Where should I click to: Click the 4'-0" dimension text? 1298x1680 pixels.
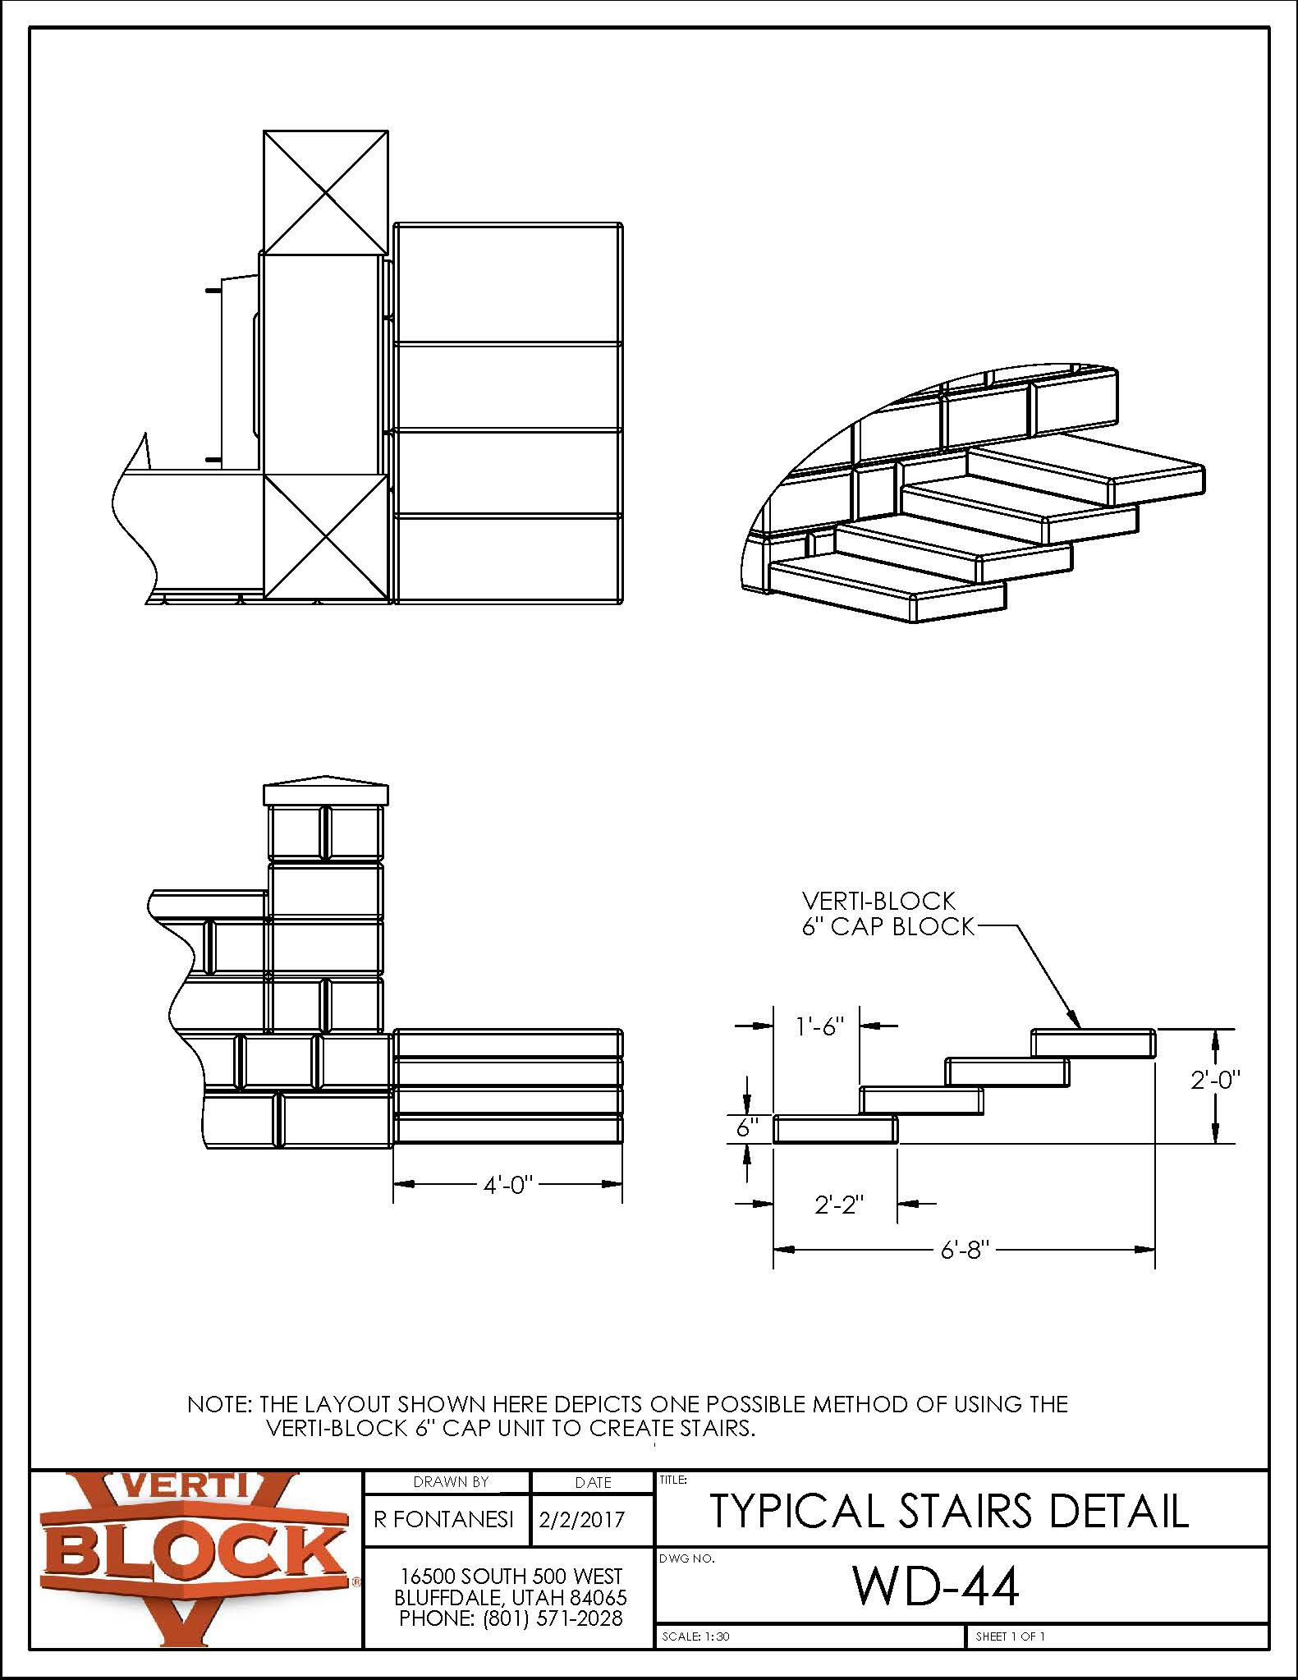point(507,1185)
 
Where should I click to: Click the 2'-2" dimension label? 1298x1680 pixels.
point(840,1205)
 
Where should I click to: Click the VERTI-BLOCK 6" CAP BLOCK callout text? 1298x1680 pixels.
point(887,913)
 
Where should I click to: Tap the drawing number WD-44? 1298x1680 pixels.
point(936,1586)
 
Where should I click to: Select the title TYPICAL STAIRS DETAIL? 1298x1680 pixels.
point(948,1510)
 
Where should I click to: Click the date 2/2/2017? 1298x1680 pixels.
point(581,1518)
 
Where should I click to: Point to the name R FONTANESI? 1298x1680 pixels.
point(444,1518)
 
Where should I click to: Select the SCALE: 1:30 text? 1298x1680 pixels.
point(695,1636)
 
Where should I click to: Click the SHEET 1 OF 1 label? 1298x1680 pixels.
point(1010,1636)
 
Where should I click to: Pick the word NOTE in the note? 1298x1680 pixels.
point(218,1403)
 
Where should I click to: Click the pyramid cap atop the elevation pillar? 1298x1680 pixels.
point(325,791)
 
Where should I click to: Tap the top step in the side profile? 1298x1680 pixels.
point(1094,1043)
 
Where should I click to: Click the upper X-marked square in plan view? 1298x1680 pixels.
point(325,192)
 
